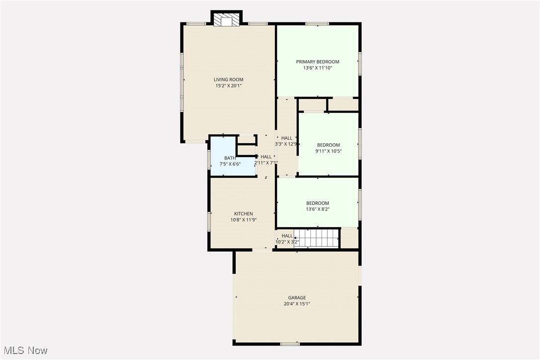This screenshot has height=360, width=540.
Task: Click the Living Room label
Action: [229, 80]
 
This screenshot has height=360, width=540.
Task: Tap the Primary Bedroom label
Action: [318, 62]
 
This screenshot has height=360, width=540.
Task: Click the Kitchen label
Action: [244, 214]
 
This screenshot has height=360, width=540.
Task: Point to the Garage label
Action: [297, 298]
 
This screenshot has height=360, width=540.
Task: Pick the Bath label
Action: [230, 158]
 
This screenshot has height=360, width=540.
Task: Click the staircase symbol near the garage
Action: [316, 238]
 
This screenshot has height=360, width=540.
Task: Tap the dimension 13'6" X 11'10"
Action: [318, 68]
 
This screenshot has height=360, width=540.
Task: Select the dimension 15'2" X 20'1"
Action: [229, 86]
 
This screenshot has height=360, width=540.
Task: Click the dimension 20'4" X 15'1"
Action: [297, 304]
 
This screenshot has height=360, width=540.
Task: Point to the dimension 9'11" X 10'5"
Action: [329, 151]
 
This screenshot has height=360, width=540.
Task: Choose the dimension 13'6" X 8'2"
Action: [318, 209]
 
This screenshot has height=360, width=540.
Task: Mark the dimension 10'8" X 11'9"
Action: [244, 220]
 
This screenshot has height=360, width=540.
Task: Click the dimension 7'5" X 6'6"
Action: [230, 164]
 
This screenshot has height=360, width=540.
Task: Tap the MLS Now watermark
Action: [24, 351]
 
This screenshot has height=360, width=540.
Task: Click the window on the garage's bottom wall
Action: [289, 344]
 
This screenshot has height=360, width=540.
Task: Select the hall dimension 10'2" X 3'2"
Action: [287, 242]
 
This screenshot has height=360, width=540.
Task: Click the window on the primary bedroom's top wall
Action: [317, 23]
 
